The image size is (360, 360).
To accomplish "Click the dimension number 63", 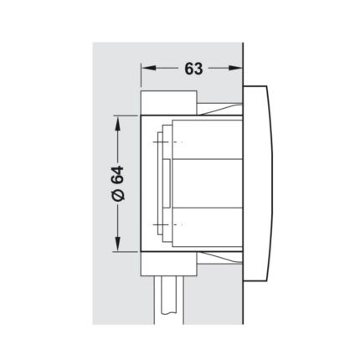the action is pyautogui.click(x=193, y=69).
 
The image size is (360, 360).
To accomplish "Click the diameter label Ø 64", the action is pyautogui.click(x=117, y=183).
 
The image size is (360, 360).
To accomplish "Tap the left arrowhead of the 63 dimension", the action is pyautogui.click(x=148, y=68).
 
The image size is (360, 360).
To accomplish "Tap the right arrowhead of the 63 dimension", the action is pyautogui.click(x=235, y=68).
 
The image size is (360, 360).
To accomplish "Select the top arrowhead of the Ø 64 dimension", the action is pyautogui.click(x=118, y=123).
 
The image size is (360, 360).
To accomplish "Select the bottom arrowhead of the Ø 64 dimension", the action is pyautogui.click(x=118, y=244).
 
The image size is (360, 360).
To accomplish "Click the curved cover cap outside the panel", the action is pyautogui.click(x=258, y=183).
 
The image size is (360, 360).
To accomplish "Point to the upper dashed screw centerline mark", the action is pyautogui.click(x=167, y=142).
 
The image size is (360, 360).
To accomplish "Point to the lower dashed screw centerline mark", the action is pyautogui.click(x=167, y=224).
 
